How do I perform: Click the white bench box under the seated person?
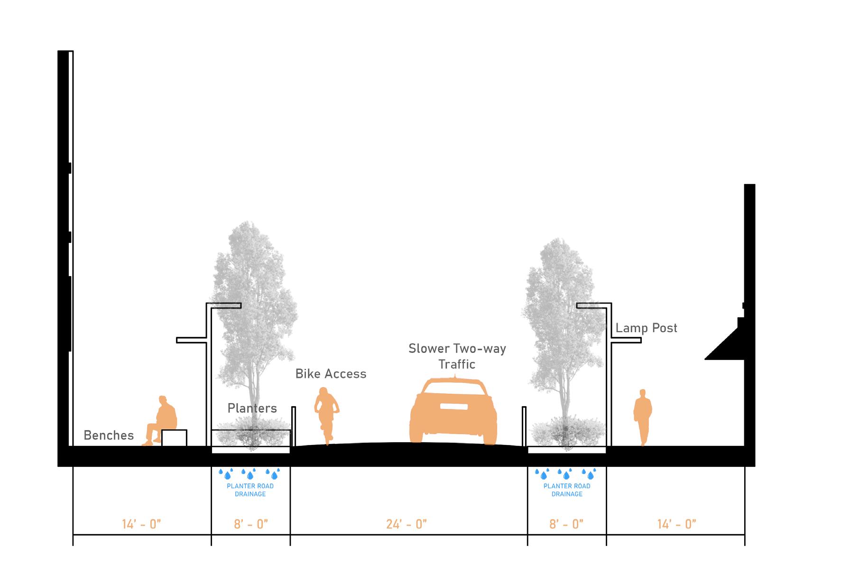coord(174,437)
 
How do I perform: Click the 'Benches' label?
coord(109,435)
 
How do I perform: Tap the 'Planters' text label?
coord(252,408)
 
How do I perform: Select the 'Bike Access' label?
coord(331,374)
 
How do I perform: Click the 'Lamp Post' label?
coord(646,328)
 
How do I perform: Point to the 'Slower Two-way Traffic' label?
coord(457,356)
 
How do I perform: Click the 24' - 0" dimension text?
coord(407,524)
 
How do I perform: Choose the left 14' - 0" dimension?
coord(141,524)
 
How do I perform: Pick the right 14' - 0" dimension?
coord(676,524)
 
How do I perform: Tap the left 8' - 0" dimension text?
coord(251,524)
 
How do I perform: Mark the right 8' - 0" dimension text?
coord(566,524)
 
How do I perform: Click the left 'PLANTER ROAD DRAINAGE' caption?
coord(250,490)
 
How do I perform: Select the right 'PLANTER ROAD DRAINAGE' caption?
coord(567,490)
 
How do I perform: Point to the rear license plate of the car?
coord(454,407)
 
